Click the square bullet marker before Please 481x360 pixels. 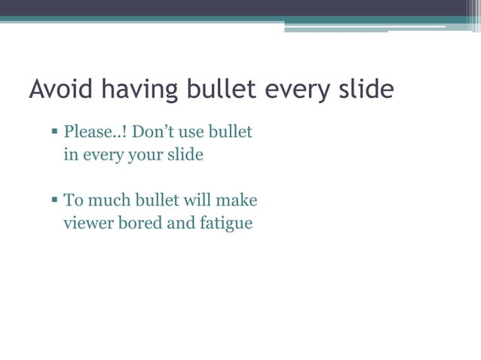pos(55,133)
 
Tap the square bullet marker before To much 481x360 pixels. pos(55,200)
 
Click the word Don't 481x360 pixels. pos(155,133)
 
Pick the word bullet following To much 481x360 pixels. pos(157,200)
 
